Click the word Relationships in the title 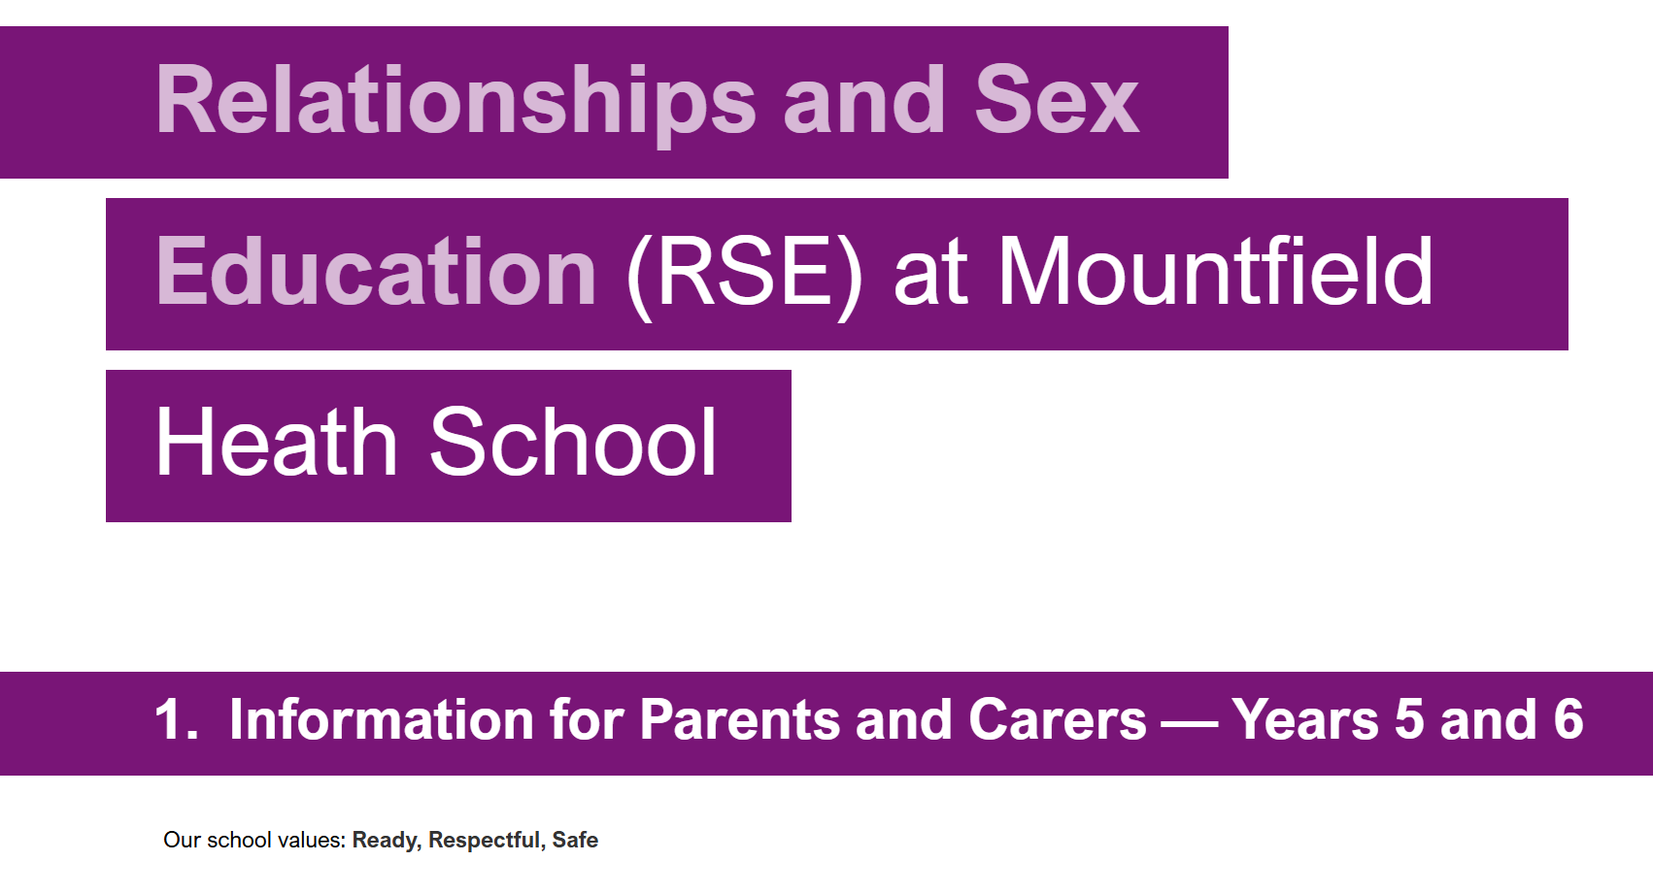(456, 102)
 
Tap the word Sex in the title (1057, 100)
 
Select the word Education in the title (376, 271)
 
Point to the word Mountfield (1215, 271)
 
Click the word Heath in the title (277, 442)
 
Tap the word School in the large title (573, 442)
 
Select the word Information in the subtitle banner (382, 719)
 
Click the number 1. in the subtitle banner (177, 719)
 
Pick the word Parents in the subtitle (739, 719)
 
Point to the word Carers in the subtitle (1058, 719)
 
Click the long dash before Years (1189, 724)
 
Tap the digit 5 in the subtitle (1408, 719)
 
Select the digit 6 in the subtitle (1569, 719)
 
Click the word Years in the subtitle (1304, 719)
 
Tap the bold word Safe (575, 840)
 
